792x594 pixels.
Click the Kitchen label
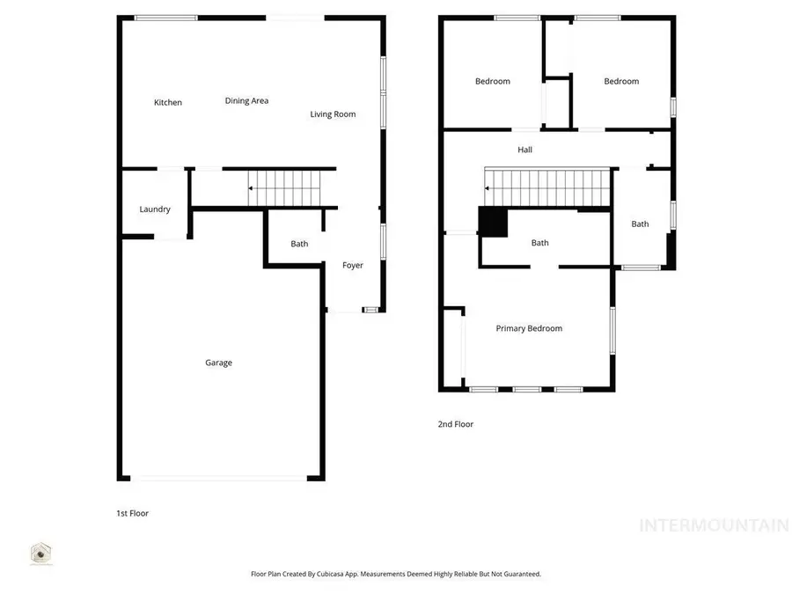pos(168,103)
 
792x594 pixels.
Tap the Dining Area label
pos(246,101)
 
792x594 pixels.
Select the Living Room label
pos(333,114)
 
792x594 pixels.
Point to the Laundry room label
pos(155,209)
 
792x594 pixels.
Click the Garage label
pos(219,363)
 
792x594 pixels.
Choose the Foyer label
pos(353,266)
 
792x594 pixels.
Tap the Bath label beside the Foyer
pos(299,244)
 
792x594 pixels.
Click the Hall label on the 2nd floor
pos(525,150)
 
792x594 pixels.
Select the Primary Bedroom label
pos(529,329)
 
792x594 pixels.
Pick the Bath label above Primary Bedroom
pos(540,244)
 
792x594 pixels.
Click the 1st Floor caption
pos(132,513)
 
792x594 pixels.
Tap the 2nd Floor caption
pos(456,424)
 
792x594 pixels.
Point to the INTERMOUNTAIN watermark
pos(714,526)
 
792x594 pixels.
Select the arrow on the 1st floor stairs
pos(250,188)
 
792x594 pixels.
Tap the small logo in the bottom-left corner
pos(40,554)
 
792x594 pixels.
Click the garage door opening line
pos(219,478)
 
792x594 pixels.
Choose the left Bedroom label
pos(493,82)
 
